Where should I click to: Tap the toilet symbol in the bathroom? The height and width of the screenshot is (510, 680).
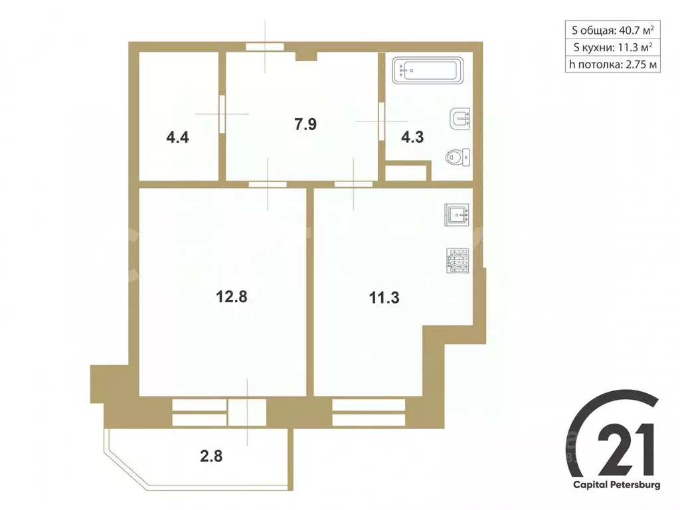click(456, 157)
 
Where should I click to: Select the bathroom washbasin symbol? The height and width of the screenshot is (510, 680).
click(460, 119)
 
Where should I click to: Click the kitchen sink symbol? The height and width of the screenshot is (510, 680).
click(458, 215)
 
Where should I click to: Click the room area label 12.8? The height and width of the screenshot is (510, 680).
click(232, 297)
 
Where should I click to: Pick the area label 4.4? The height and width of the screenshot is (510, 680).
click(178, 137)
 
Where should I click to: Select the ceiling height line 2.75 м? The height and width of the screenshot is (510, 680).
click(613, 64)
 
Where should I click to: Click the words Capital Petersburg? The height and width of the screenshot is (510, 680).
click(617, 485)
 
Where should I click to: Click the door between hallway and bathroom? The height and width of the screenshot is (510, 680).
click(382, 121)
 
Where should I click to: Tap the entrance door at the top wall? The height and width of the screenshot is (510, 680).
click(265, 46)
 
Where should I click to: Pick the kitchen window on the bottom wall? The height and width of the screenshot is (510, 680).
click(369, 412)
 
